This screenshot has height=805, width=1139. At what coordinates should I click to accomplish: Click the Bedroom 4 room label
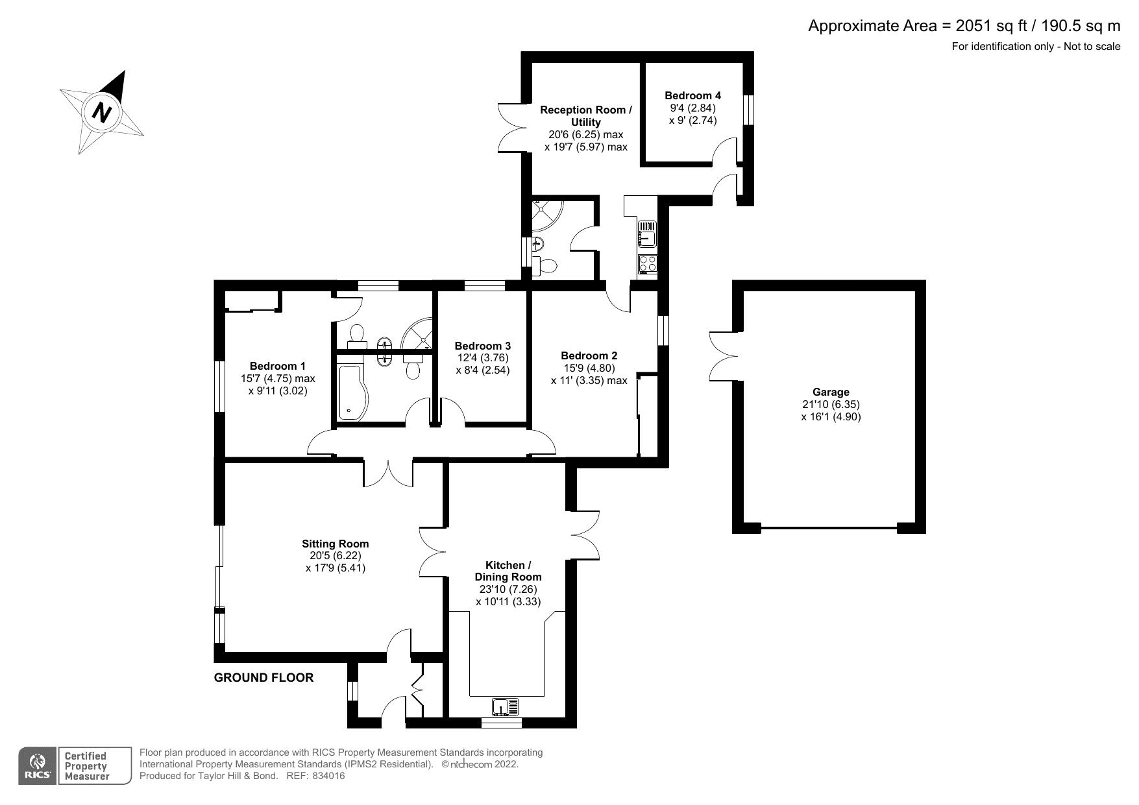692,96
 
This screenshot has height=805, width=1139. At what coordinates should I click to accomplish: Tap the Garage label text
830,392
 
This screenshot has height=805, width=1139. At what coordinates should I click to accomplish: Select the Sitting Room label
335,544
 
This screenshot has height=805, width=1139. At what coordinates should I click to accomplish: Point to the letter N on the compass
101,112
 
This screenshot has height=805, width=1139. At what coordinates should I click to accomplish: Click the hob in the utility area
648,263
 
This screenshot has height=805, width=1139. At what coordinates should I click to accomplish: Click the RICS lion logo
37,761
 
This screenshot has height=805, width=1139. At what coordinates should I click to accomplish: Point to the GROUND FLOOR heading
263,678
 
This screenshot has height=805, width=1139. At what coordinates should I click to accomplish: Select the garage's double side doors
723,355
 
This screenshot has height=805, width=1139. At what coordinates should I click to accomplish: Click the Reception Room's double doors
511,128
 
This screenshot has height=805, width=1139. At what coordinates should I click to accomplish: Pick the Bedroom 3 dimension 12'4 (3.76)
482,358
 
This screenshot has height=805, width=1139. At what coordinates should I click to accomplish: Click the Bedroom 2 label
589,355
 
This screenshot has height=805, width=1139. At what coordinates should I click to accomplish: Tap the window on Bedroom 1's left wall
220,385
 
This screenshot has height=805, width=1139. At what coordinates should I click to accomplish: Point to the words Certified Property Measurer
85,766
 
